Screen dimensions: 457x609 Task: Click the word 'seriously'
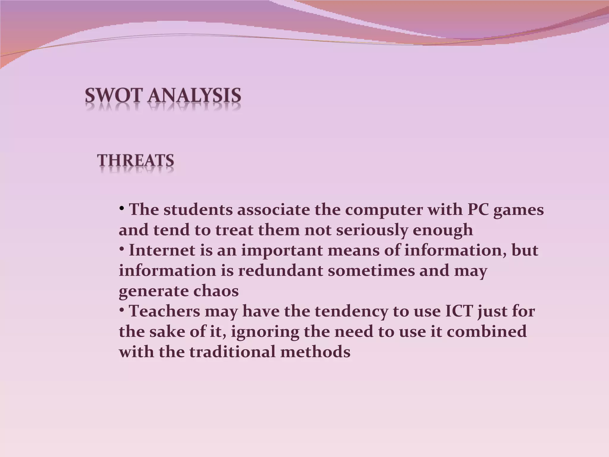[372, 230]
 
